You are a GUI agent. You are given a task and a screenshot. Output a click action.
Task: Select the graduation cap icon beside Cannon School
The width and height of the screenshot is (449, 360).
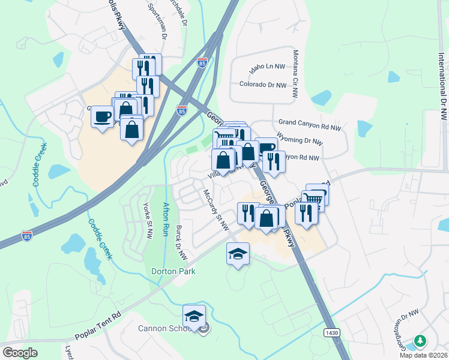[x=194, y=316]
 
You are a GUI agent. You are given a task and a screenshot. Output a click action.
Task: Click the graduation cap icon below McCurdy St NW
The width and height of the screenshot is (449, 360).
[x=238, y=254]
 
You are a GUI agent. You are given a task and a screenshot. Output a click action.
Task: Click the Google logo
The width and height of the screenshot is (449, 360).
[x=20, y=352]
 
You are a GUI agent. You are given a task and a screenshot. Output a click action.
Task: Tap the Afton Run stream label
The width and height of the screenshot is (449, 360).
[x=166, y=220]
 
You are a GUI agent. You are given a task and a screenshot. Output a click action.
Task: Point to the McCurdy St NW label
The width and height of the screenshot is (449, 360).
[x=217, y=211]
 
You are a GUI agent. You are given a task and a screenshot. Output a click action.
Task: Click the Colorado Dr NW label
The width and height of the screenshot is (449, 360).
[x=263, y=85]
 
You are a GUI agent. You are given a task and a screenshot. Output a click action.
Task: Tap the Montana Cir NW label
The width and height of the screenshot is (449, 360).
[x=295, y=74]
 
